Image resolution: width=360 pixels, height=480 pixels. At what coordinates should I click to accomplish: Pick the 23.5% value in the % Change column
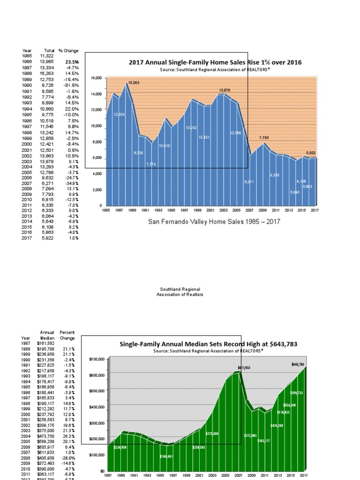72,62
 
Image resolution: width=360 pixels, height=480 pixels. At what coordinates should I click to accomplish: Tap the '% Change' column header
68,51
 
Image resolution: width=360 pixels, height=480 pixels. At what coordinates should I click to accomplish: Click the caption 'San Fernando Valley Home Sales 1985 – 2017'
214,222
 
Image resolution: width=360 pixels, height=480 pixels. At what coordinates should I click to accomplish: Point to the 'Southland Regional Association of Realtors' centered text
180,292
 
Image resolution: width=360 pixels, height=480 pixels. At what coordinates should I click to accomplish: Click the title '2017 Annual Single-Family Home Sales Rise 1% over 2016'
215,62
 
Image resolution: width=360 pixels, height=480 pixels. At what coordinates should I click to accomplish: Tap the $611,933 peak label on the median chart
244,368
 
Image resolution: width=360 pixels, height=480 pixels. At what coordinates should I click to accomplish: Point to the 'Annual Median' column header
47,335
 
